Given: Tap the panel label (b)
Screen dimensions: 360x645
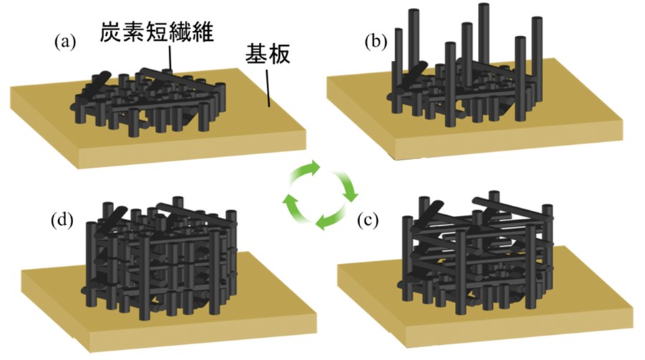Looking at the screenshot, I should (x=375, y=41).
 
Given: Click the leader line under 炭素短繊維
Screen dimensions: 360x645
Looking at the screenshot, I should (x=171, y=58).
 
